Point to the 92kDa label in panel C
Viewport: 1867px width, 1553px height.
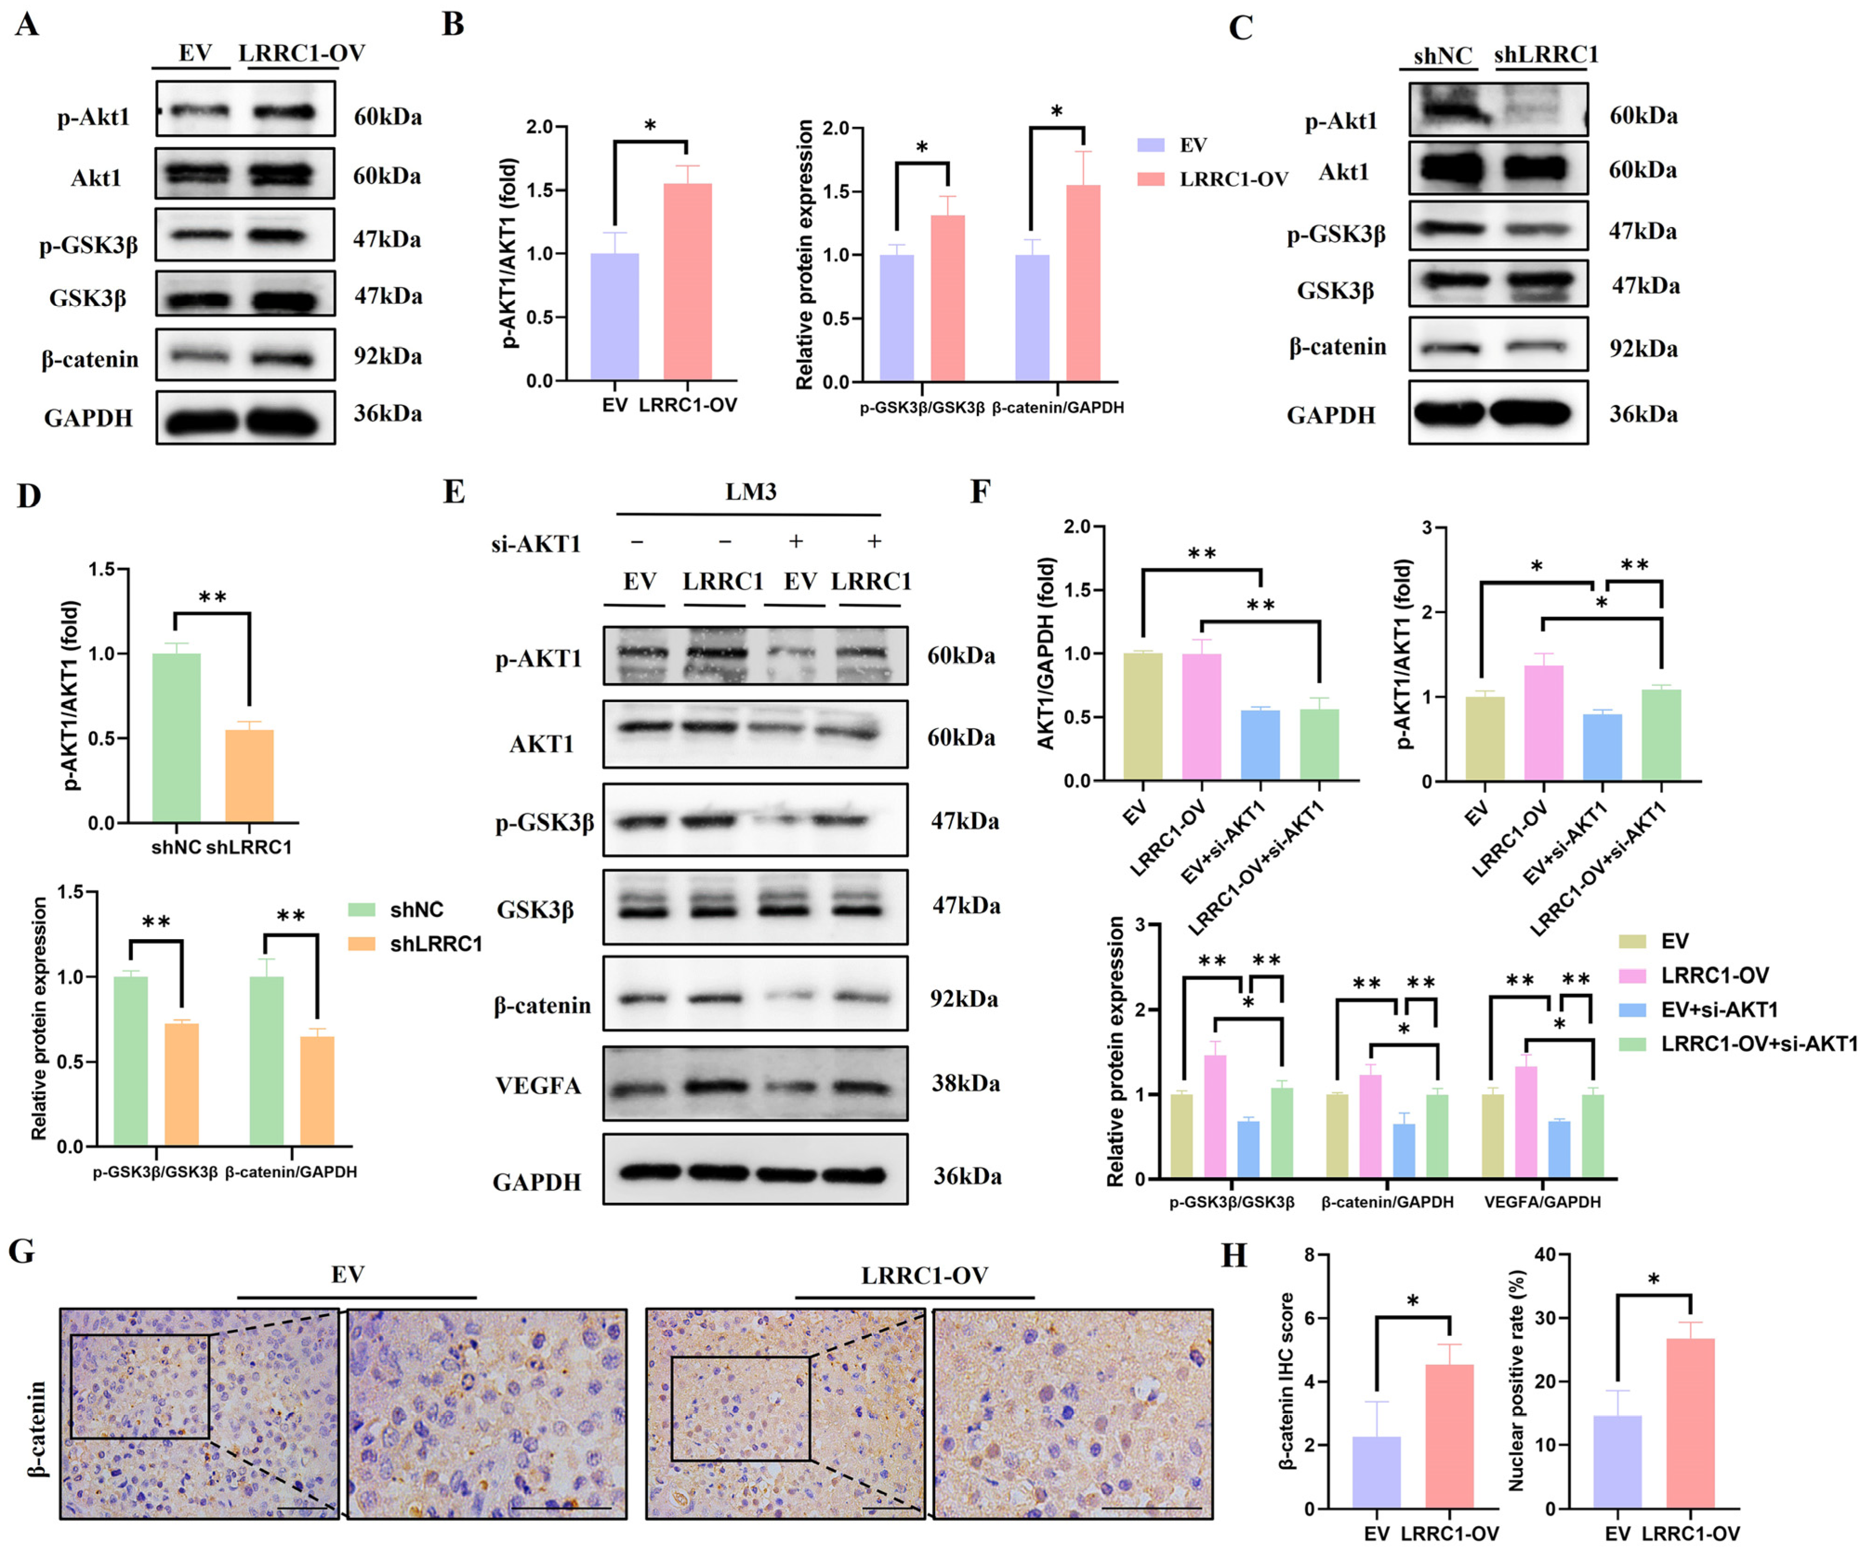[x=1643, y=348]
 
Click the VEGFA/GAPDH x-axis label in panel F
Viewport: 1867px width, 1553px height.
[x=1542, y=1202]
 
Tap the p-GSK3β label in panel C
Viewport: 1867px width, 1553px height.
[x=1336, y=235]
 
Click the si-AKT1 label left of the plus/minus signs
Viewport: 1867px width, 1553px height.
[x=536, y=543]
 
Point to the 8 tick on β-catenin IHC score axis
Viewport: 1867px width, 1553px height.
[x=1310, y=1254]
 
